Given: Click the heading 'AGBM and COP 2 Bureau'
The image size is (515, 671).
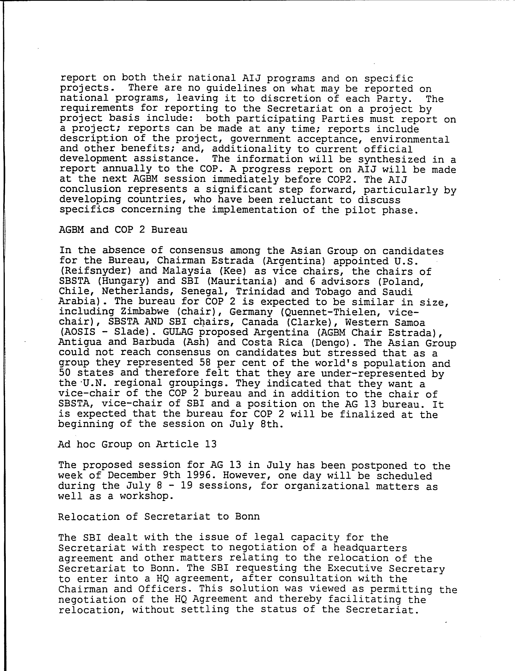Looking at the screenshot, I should [123, 230].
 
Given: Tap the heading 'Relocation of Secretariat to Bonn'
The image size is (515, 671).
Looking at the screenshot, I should [159, 516].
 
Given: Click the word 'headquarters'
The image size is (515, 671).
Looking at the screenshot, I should [370, 548].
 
